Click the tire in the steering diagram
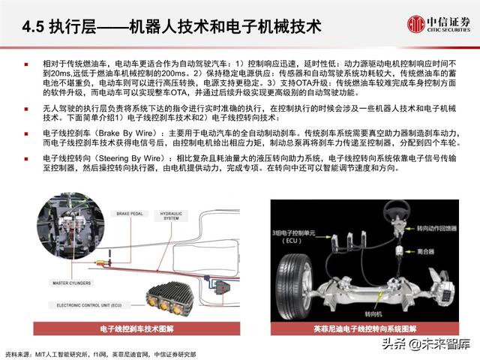pos(298,277)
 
